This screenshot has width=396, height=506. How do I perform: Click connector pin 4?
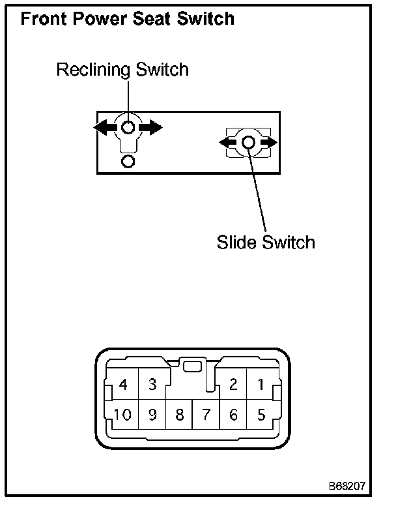[124, 385]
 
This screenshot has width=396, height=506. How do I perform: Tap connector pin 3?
[152, 385]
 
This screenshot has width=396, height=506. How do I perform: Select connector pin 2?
[233, 385]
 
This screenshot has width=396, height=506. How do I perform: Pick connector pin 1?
[261, 385]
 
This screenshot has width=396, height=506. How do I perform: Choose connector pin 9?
[152, 415]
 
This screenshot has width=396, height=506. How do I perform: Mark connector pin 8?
[179, 415]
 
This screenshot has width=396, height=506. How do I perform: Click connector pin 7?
[206, 415]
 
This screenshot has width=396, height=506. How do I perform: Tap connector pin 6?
[233, 415]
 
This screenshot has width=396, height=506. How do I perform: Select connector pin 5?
[261, 415]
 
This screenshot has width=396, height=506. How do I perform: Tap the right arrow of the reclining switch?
[152, 127]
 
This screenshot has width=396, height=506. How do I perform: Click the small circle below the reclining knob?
[128, 160]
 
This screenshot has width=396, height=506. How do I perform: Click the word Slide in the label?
[237, 243]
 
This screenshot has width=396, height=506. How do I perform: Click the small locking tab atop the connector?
[191, 366]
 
